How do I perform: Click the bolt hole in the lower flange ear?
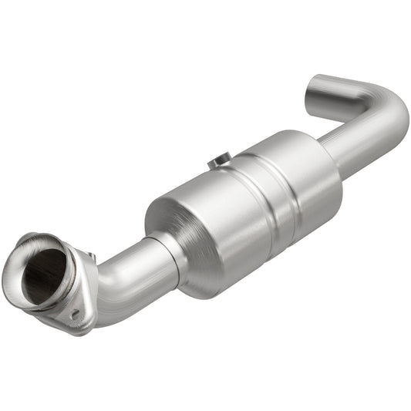click(75, 314)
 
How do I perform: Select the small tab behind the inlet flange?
click(91, 257)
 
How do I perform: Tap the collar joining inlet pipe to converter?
click(171, 254)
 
